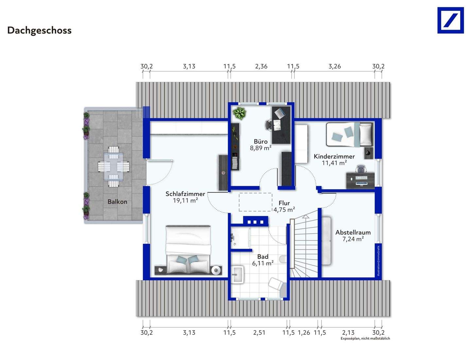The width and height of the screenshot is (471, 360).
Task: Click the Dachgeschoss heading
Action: [x=39, y=30]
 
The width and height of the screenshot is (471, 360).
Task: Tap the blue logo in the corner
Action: [x=450, y=20]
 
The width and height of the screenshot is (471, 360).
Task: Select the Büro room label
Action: [x=260, y=141]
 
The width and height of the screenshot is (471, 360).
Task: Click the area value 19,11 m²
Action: [x=185, y=201]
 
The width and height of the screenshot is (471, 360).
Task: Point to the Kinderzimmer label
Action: [x=334, y=156]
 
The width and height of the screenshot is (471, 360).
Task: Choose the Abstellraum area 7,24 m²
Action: [x=353, y=239]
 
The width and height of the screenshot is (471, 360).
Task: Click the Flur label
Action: [x=284, y=203]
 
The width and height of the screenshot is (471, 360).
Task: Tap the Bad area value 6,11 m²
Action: [x=263, y=263]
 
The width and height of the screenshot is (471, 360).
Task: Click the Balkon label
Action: [x=117, y=202]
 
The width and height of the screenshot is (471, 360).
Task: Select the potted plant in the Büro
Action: [x=239, y=113]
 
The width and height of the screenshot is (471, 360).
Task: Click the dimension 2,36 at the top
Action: [x=261, y=66]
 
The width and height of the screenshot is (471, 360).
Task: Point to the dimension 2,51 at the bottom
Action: [x=259, y=333]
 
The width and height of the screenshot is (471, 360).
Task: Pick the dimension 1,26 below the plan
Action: [x=304, y=333]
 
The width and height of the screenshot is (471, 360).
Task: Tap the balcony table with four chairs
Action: [x=114, y=166]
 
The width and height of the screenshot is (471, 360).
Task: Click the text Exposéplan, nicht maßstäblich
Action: [x=365, y=338]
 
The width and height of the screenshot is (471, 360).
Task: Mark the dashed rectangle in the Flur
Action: [x=255, y=202]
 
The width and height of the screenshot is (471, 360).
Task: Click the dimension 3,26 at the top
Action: [x=335, y=66]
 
